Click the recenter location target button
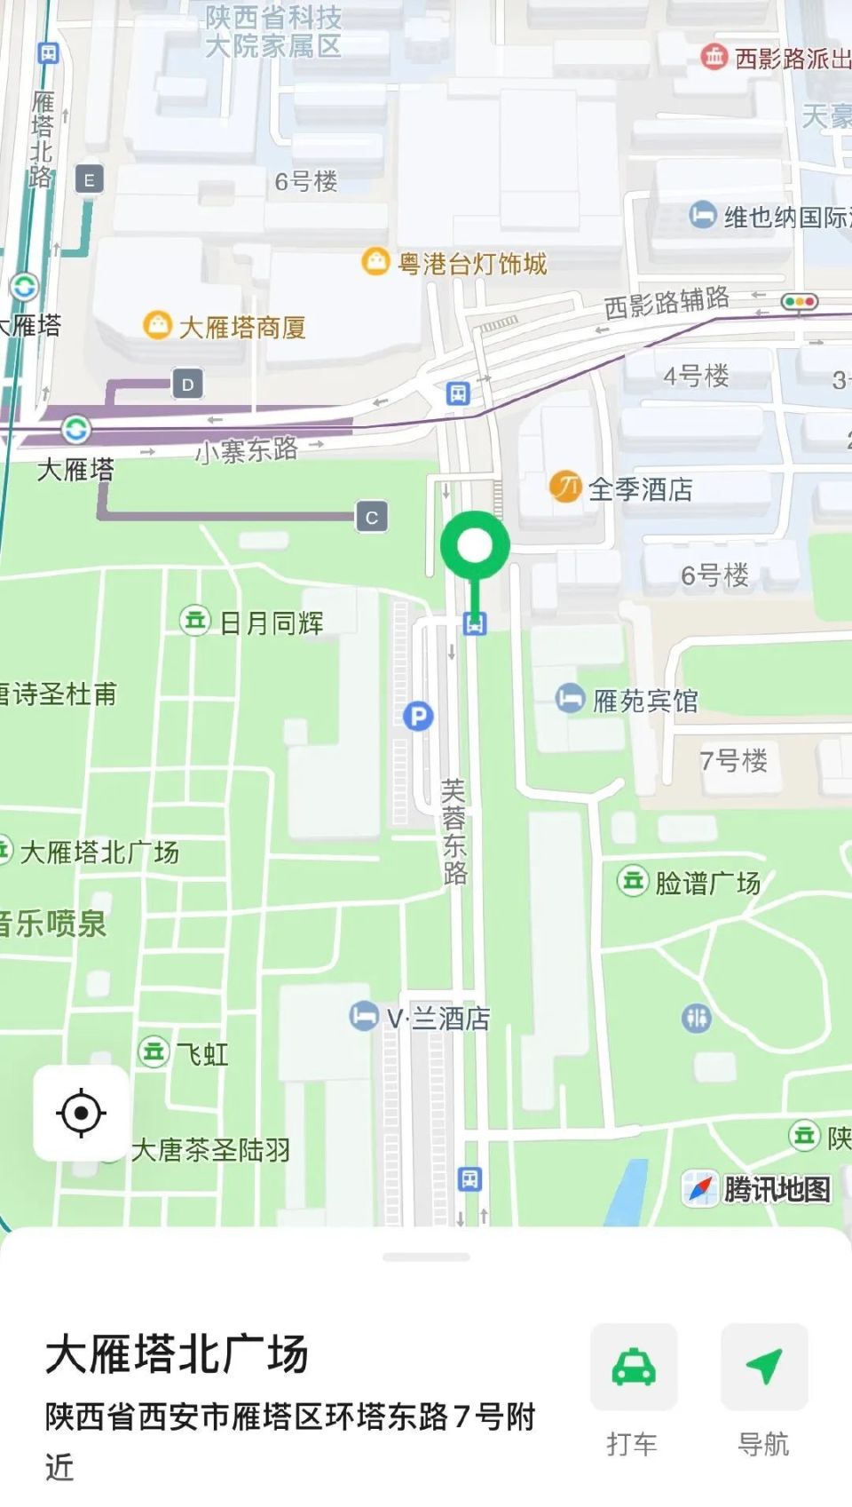coord(81,1113)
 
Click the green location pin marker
coord(475,547)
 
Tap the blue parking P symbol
coord(418,716)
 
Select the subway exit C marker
coord(372,517)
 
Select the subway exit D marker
coord(187,385)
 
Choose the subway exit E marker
coord(89,180)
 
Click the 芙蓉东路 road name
coord(454,831)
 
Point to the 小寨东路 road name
coord(246,450)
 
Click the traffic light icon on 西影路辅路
coord(799,302)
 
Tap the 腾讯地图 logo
coord(759,1188)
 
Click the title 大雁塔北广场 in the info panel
coord(177,1355)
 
